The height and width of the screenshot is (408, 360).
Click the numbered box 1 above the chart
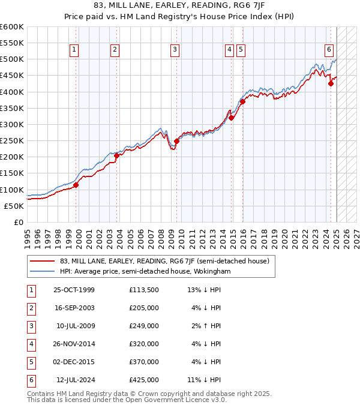pos(74,50)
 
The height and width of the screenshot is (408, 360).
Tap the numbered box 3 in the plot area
pos(175,50)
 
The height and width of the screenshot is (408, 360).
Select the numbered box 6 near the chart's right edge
pos(329,50)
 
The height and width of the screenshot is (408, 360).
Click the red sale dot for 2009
pos(177,142)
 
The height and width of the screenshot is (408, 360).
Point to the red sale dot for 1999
pos(76,185)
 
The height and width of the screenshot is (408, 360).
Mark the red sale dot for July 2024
pos(331,84)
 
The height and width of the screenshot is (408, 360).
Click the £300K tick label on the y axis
pos(12,124)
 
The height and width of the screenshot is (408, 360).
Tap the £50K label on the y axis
pos(14,206)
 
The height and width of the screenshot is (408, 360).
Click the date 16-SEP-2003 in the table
pos(74,308)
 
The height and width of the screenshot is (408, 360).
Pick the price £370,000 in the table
pos(144,362)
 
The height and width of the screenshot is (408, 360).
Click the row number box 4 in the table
pos(31,344)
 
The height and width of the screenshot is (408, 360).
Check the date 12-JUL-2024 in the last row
pos(76,380)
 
